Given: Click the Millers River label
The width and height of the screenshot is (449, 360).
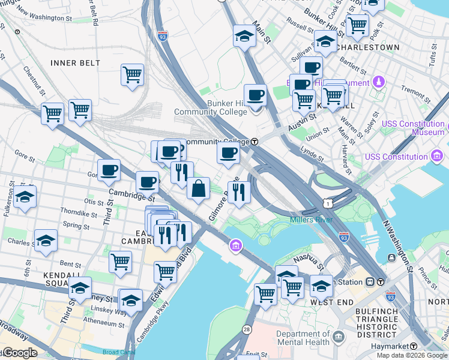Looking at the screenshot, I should click(x=311, y=220).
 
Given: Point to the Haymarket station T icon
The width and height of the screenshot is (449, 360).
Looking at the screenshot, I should click(x=414, y=347).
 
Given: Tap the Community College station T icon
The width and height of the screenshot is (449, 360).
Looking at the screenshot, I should click(x=255, y=142).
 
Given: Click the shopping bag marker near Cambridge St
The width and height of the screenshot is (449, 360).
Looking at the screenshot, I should click(x=198, y=189).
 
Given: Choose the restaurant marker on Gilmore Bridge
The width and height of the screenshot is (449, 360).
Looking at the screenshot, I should click(x=239, y=193).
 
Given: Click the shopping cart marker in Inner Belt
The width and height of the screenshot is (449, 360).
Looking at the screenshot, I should click(x=132, y=76).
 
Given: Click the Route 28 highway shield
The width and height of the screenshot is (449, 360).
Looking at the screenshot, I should click(x=246, y=329).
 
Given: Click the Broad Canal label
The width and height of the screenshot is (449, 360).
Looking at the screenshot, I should click(x=116, y=352).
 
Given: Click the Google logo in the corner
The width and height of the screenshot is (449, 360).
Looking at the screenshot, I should click(x=19, y=353).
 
